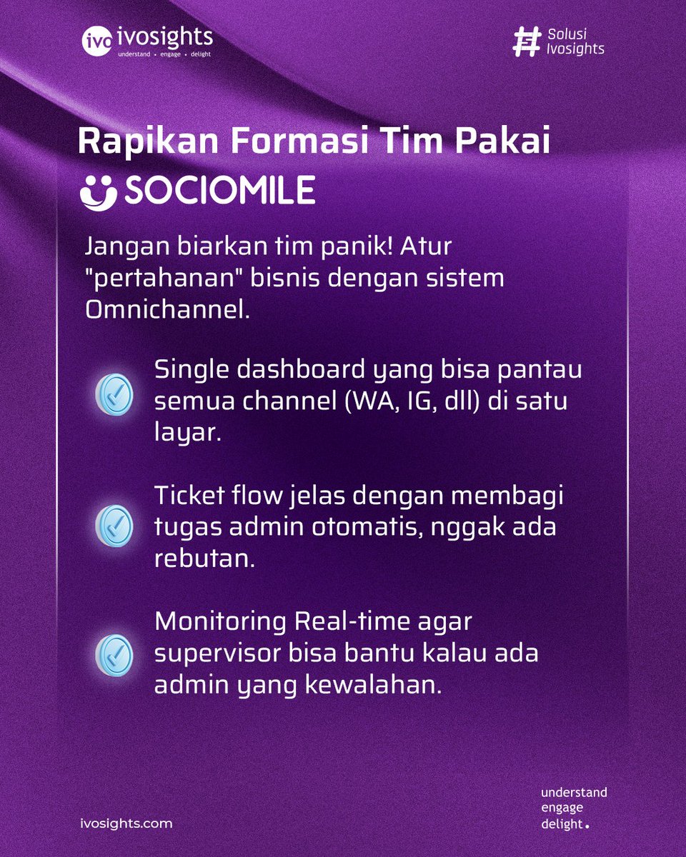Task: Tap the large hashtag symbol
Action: [x=527, y=42]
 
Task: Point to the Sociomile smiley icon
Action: [x=97, y=191]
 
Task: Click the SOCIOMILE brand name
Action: [x=220, y=191]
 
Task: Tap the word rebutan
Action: [x=204, y=558]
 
